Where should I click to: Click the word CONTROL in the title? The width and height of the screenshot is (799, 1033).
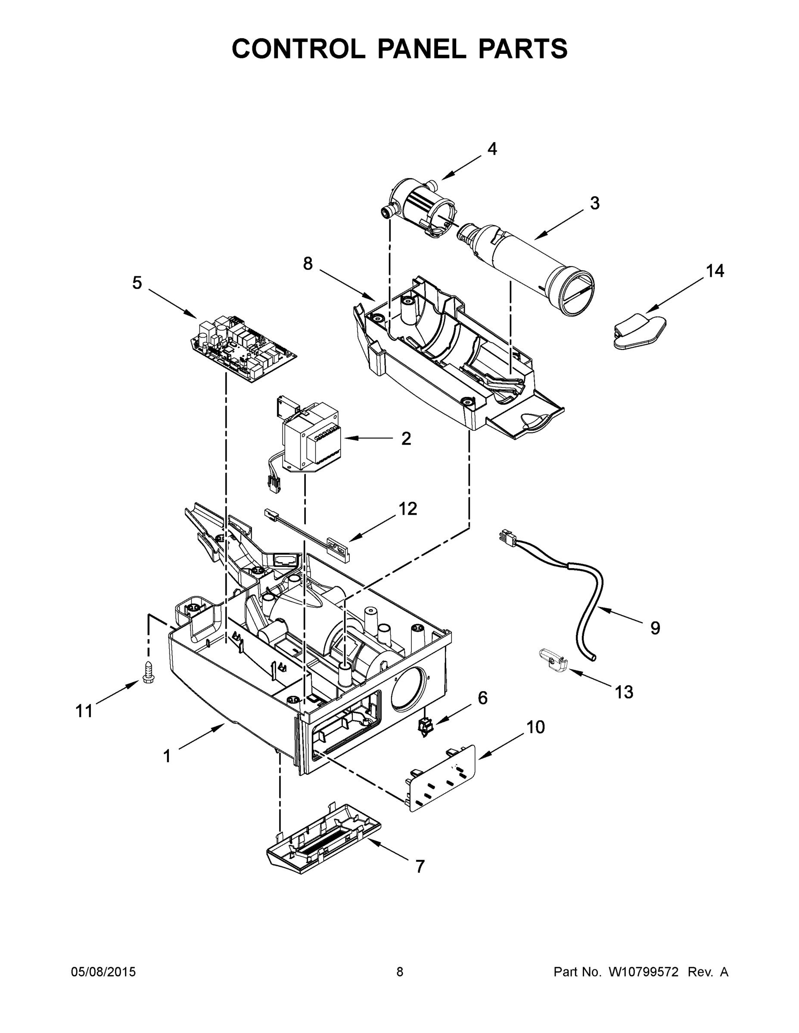[x=298, y=49]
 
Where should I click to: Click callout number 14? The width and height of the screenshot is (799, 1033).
[x=715, y=271]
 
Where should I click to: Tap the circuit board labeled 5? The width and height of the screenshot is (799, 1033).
[x=243, y=348]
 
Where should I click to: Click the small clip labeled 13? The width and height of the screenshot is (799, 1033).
[x=553, y=660]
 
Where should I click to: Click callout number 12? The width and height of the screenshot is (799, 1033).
[x=407, y=509]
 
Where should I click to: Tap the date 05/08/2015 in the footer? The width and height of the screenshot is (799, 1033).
[x=103, y=971]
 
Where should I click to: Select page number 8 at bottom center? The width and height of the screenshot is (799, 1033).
[x=400, y=971]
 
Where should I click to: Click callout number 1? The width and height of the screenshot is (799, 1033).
[x=167, y=756]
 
